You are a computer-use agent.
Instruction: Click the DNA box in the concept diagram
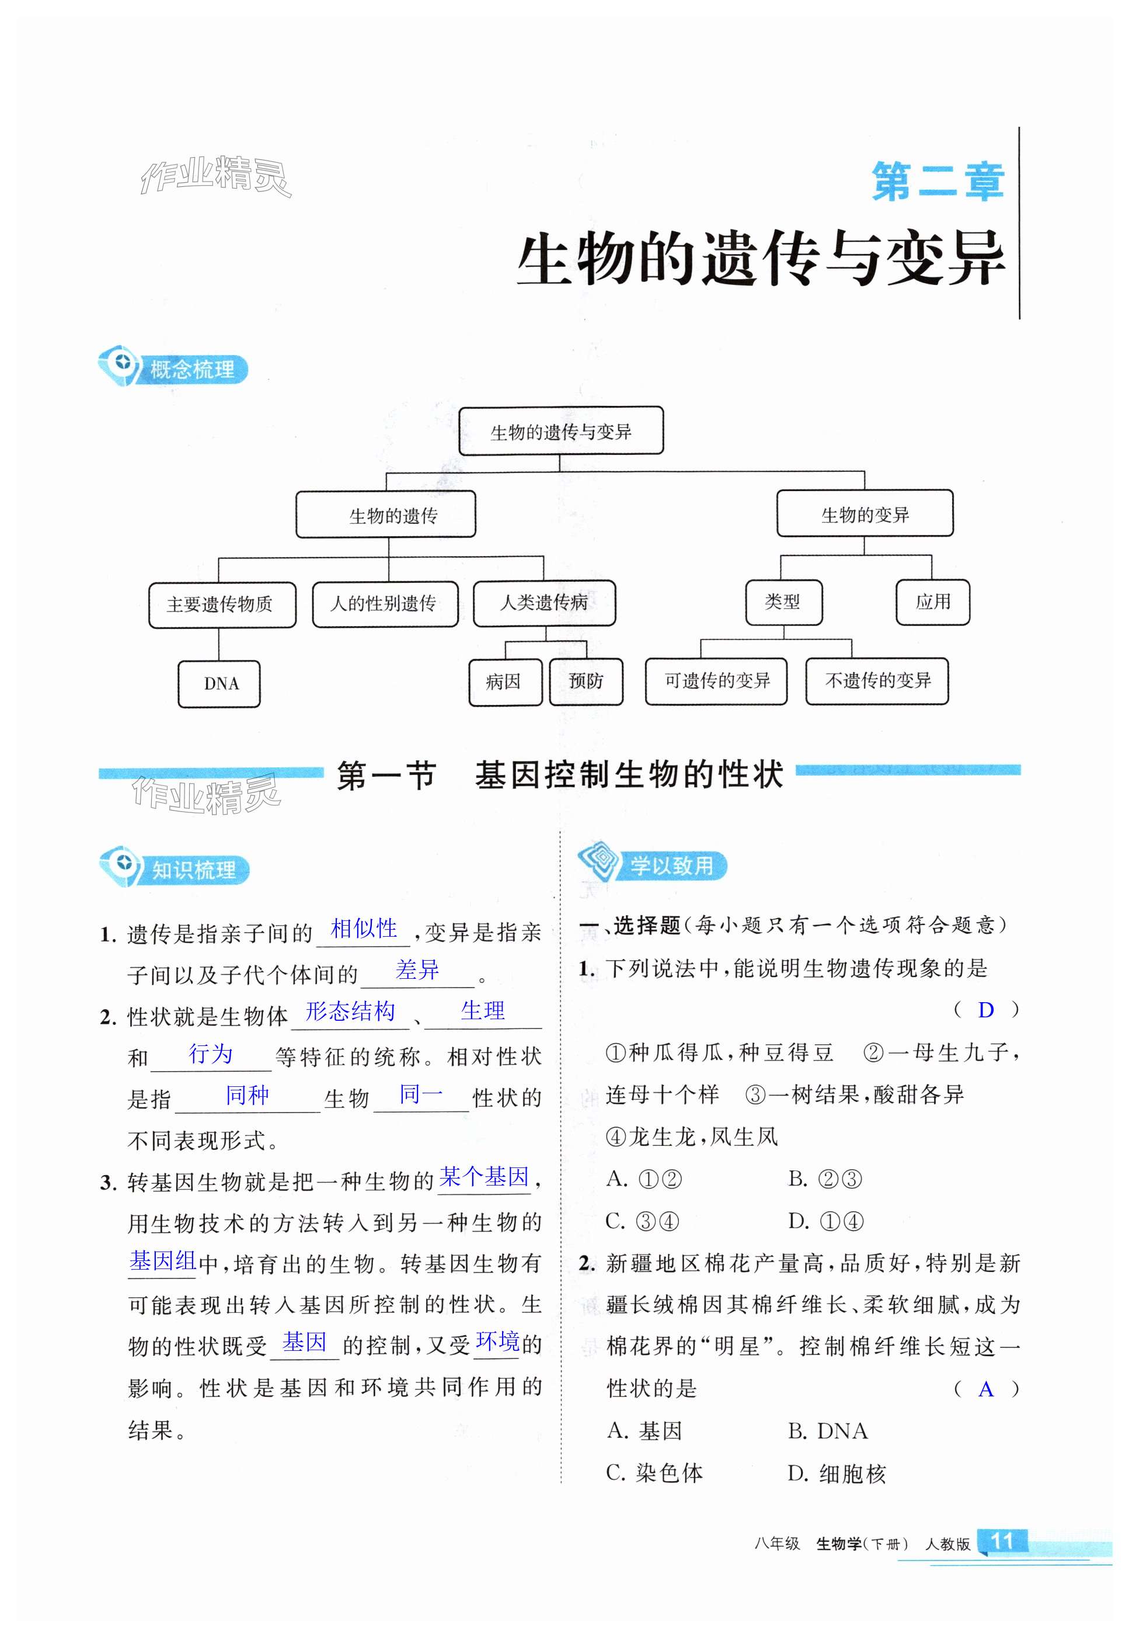(219, 684)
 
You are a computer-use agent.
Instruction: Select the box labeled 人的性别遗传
(385, 604)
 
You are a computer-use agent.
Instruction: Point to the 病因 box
(505, 682)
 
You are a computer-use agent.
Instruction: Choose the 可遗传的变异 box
(716, 681)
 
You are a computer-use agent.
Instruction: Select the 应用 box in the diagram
(932, 602)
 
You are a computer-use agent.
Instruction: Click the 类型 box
(783, 602)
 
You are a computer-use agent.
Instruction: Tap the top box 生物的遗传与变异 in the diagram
(560, 431)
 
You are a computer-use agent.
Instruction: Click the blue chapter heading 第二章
(938, 182)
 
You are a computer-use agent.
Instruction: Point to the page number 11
(1002, 1541)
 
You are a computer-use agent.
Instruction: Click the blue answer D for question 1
(985, 1010)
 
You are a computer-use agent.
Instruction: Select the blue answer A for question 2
(985, 1389)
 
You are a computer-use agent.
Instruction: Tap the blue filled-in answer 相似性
(364, 929)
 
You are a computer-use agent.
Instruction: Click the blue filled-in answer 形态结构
(350, 1012)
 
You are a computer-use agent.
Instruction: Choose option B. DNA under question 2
(828, 1431)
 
